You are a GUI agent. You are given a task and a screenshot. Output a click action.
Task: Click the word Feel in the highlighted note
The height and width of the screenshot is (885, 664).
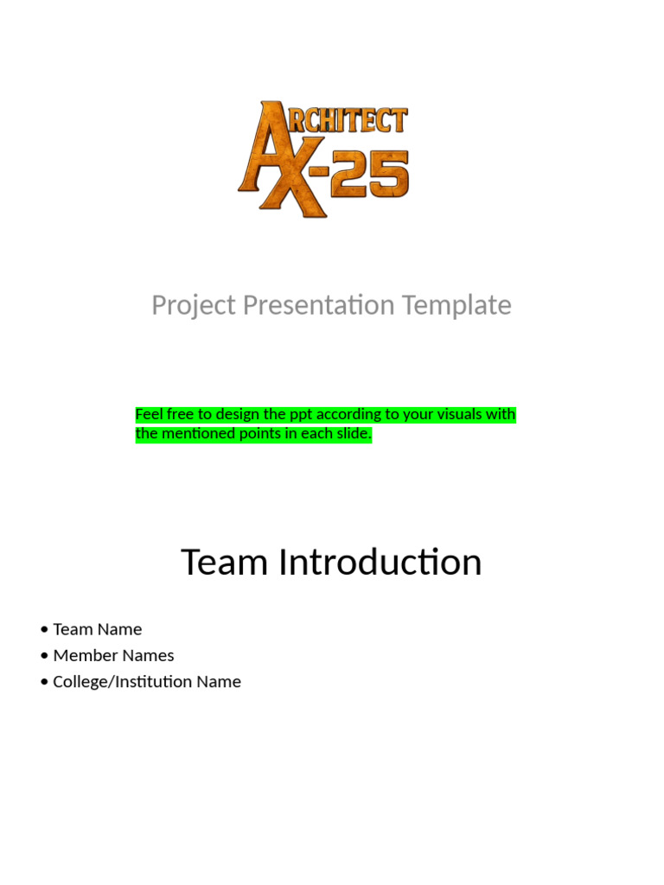point(149,415)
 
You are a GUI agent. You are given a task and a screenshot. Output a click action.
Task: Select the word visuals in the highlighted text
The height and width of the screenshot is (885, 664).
point(455,415)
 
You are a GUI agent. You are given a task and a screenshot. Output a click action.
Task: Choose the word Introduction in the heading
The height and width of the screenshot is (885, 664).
point(380,563)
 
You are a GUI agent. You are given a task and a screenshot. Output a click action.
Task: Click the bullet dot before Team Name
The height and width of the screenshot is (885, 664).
point(44,630)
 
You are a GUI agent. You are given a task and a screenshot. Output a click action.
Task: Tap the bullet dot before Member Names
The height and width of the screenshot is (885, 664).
point(44,656)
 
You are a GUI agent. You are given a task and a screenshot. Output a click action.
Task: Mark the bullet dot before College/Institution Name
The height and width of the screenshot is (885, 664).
point(44,682)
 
